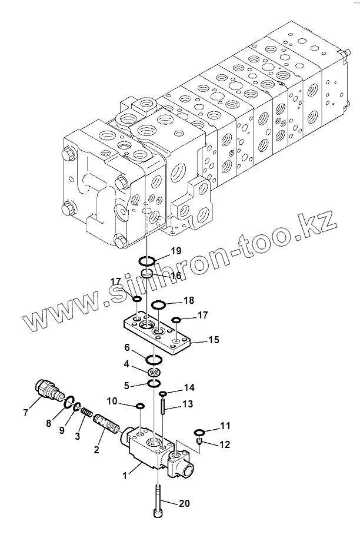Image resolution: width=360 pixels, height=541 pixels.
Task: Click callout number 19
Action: click(176, 251)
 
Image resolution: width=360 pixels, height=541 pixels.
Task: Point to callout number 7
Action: click(25, 413)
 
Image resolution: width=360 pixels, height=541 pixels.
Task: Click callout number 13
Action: click(188, 404)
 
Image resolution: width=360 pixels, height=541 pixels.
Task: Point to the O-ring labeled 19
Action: click(147, 260)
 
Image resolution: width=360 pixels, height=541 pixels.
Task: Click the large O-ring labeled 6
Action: click(154, 360)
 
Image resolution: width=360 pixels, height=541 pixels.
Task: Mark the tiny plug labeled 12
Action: click(199, 441)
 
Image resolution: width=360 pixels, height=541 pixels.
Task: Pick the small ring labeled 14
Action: click(163, 393)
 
